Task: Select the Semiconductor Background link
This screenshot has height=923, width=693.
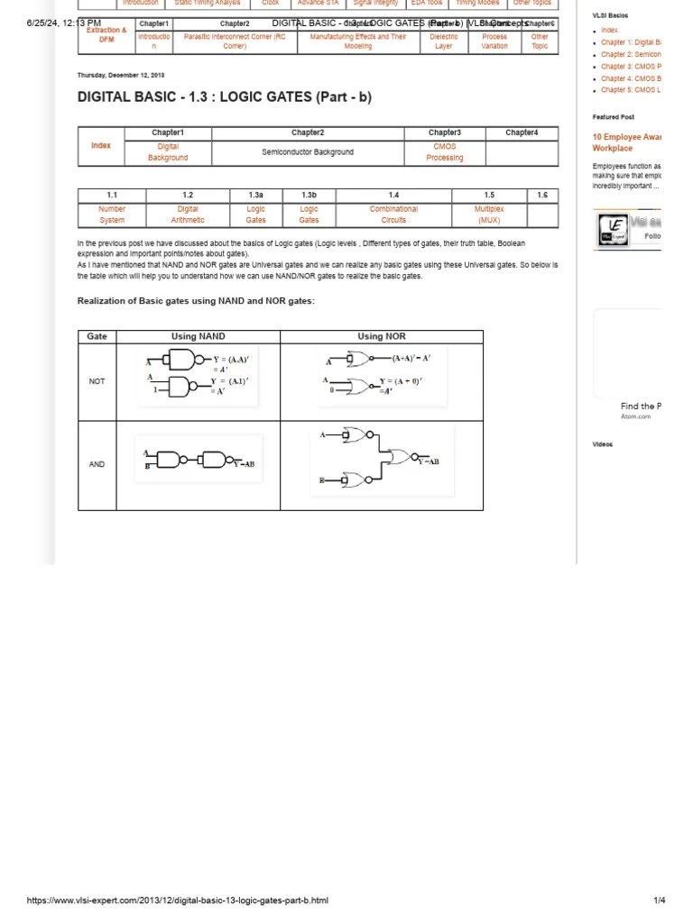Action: click(308, 152)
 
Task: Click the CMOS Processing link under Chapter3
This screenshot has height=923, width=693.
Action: click(444, 151)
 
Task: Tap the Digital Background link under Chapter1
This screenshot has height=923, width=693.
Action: click(168, 151)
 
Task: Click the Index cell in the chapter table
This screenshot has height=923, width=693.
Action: click(101, 145)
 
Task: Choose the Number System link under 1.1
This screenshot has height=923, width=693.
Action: click(112, 214)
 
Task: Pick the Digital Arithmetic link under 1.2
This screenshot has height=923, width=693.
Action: click(188, 214)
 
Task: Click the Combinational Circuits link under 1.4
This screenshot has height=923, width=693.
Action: click(393, 214)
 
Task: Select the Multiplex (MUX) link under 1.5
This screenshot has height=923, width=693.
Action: click(489, 214)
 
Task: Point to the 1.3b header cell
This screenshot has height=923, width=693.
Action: click(309, 195)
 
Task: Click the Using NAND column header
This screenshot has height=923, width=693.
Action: click(198, 336)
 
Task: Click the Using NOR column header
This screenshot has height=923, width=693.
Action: click(382, 336)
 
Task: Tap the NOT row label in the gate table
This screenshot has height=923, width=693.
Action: click(97, 381)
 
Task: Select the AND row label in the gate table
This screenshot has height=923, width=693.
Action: click(97, 464)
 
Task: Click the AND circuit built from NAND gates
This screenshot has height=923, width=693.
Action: click(199, 460)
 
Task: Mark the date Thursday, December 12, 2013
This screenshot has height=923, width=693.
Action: click(121, 76)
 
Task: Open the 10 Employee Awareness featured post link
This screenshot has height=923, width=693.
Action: click(626, 142)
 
